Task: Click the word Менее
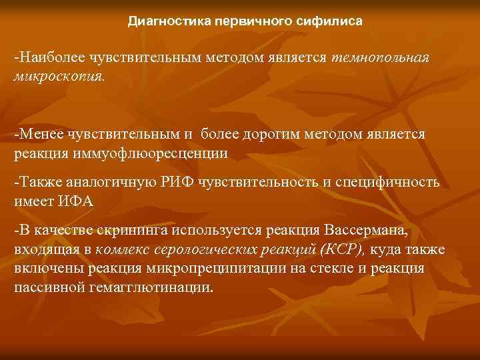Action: pos(39,135)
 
